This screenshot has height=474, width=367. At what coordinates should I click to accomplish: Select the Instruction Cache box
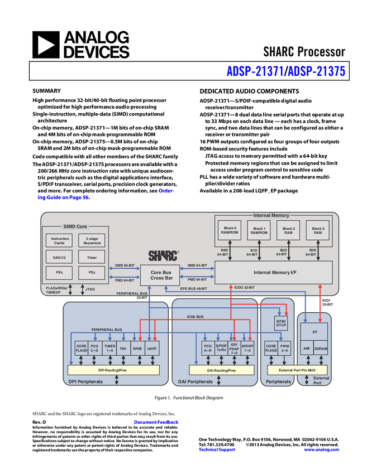(60, 240)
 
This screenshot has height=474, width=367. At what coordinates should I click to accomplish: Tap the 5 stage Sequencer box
(92, 240)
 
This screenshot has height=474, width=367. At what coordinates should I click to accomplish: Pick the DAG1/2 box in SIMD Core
(60, 257)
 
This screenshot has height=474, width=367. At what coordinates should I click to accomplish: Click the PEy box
(92, 273)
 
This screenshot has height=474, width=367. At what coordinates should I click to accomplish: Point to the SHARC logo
(163, 256)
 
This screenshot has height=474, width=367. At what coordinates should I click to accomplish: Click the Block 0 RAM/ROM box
(231, 231)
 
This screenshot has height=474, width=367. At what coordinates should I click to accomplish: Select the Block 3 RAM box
(317, 231)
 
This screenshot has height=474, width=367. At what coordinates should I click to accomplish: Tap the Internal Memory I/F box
(273, 273)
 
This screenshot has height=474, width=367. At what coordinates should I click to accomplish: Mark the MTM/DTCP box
(282, 323)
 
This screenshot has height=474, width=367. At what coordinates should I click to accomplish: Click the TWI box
(123, 349)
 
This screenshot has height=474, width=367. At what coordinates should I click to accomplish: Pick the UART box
(152, 349)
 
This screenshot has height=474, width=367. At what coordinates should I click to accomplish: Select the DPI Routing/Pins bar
(113, 370)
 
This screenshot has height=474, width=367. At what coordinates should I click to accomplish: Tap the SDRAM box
(321, 349)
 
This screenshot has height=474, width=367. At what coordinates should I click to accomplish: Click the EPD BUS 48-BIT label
(193, 289)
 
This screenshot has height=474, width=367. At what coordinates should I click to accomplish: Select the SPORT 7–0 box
(248, 349)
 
